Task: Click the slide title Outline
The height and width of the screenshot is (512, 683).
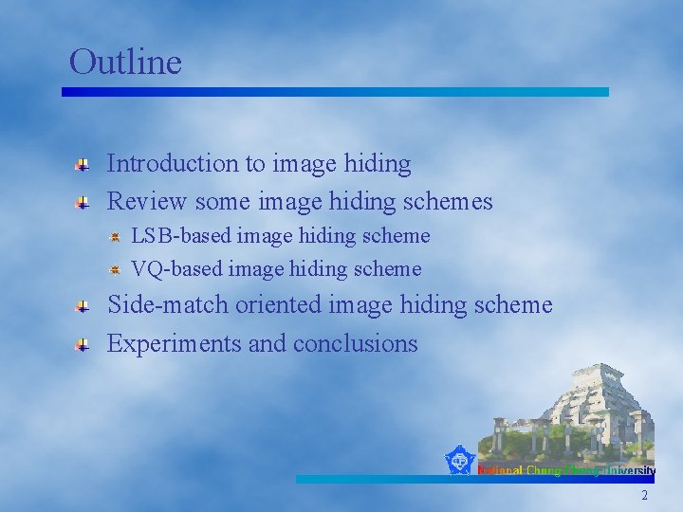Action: pos(125,63)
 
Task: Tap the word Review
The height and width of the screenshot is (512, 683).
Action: pos(147,201)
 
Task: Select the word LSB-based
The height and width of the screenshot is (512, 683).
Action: pos(180,235)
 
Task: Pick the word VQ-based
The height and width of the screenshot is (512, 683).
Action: pos(176,269)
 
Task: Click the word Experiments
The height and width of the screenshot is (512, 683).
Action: pos(174,343)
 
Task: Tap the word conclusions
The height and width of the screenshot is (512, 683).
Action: pos(356,343)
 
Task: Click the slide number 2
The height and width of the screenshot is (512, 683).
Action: pos(645,495)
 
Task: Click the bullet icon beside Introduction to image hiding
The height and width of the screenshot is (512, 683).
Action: pos(83,165)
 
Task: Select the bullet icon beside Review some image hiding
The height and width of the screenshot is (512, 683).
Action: pos(83,203)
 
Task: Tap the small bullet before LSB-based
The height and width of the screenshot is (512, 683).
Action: pos(114,236)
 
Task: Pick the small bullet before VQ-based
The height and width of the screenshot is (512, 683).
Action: pos(114,270)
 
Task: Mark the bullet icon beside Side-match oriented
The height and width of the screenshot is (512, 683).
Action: pos(83,307)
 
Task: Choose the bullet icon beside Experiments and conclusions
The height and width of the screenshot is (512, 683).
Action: pos(83,345)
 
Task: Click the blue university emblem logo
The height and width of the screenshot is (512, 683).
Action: pos(460,461)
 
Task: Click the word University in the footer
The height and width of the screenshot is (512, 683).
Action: pos(631,470)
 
